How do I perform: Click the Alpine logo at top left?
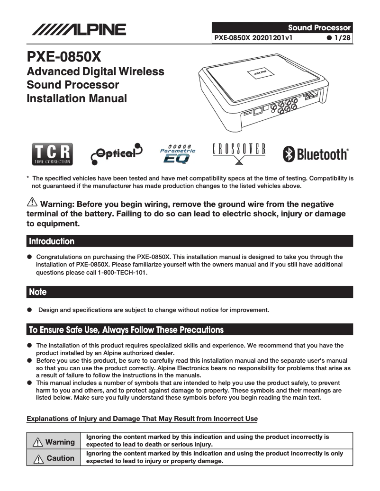point(79,30)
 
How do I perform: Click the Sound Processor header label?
point(319,27)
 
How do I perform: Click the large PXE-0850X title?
point(64,57)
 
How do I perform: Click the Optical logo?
point(116,153)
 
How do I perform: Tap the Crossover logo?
point(238,152)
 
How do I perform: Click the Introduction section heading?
point(52,241)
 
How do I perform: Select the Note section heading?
point(38,292)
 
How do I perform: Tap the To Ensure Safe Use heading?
point(126,330)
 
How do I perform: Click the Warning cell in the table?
point(54,442)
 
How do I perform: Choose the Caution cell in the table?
point(54,458)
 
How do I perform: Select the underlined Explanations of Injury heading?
point(142,419)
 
